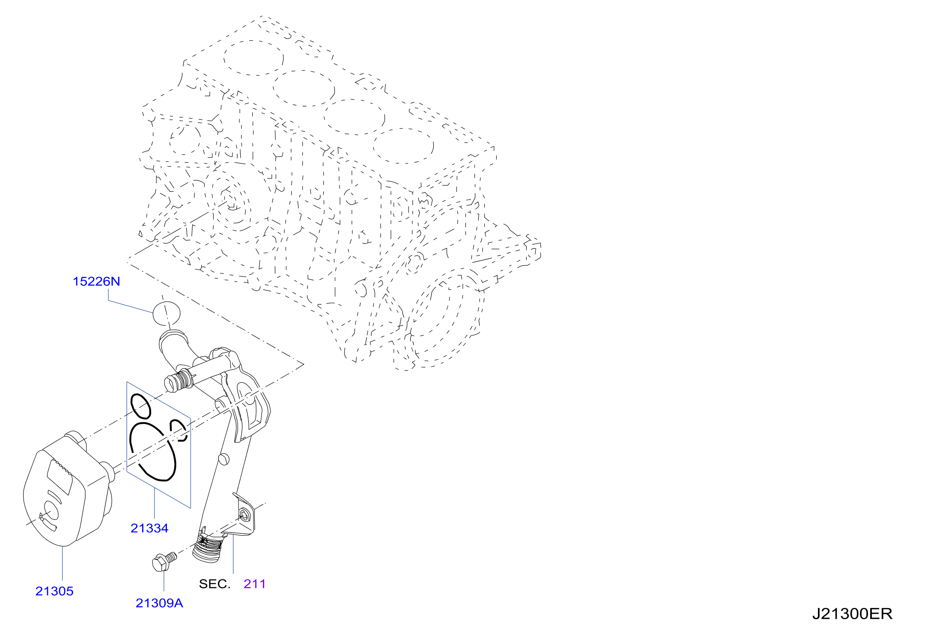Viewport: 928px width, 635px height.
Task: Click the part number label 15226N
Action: click(96, 282)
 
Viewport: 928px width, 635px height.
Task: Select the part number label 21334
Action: click(149, 528)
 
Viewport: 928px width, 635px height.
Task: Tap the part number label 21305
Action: click(54, 591)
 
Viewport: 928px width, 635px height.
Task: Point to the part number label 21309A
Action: click(159, 603)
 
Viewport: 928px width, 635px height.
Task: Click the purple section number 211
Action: click(255, 584)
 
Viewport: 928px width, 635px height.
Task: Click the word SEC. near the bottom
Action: click(215, 584)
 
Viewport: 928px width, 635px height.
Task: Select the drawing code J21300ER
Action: click(852, 614)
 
